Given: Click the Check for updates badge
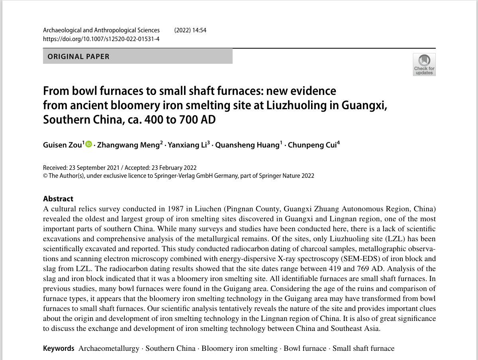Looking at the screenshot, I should click(x=424, y=65).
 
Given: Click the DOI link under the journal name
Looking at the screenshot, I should click(x=101, y=39).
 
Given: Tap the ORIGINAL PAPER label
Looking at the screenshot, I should click(x=78, y=57).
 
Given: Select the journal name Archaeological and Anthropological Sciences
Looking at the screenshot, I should click(x=101, y=30).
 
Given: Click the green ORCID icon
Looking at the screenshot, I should click(x=88, y=144).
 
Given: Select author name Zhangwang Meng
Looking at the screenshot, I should click(x=128, y=145).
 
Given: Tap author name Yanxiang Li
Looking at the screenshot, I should click(x=186, y=145).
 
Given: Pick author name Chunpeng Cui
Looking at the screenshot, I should click(x=312, y=145).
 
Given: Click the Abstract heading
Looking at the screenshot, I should click(x=58, y=199).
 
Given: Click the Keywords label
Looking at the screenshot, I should click(x=59, y=348).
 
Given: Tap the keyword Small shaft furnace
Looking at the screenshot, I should click(x=363, y=348).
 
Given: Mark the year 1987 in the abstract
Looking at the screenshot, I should click(x=176, y=209).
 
